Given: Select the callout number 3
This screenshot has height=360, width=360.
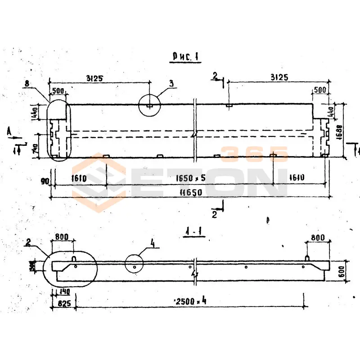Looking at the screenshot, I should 171,83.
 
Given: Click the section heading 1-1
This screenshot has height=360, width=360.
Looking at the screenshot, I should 195,232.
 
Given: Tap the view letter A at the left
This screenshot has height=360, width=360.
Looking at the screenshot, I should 9,132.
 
